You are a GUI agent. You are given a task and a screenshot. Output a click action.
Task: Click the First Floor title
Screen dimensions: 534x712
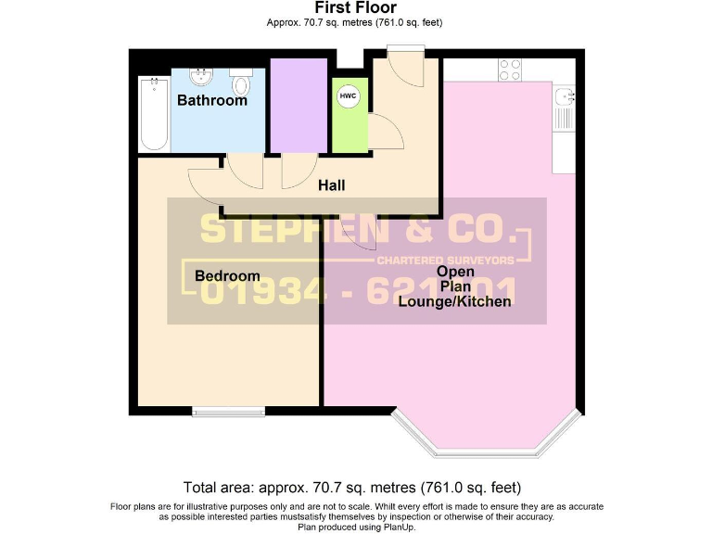click(356, 7)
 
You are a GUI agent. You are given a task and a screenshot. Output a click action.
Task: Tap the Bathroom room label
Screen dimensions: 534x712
click(212, 100)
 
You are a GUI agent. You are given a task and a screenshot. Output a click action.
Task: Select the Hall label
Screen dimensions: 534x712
click(331, 185)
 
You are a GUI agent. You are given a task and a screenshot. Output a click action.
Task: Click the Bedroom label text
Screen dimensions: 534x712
click(227, 275)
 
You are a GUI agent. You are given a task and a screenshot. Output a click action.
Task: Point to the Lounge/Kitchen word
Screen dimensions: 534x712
click(454, 301)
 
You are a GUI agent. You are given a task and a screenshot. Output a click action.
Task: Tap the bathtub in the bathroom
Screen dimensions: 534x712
click(153, 114)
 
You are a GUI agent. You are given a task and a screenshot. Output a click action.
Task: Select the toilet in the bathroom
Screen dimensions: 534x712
click(242, 84)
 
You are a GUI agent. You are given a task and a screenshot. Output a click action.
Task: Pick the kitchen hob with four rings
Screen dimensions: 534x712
click(509, 69)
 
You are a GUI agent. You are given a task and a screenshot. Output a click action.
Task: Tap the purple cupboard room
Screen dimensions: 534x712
click(298, 105)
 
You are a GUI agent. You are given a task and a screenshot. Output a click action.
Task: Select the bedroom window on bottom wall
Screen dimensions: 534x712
click(227, 411)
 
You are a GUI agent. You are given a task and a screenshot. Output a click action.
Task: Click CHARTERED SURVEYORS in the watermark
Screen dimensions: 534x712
click(464, 261)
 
